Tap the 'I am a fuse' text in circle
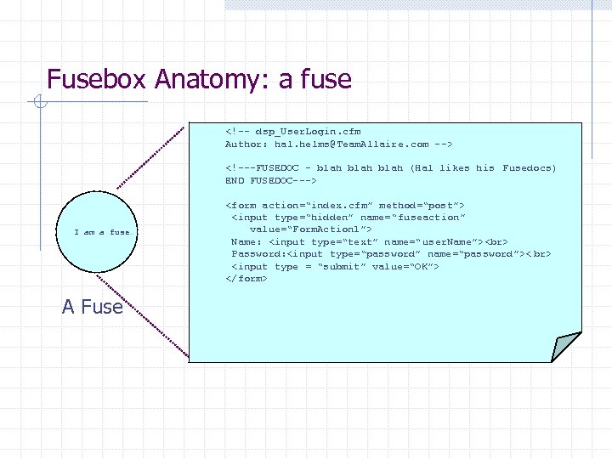[x=102, y=232]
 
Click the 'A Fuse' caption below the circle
[x=92, y=307]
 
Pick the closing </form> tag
[x=246, y=279]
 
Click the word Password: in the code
[x=259, y=254]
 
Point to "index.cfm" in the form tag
[x=336, y=206]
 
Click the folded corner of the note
[x=564, y=345]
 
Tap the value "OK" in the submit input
[x=420, y=267]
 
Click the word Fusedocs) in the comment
[x=529, y=168]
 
